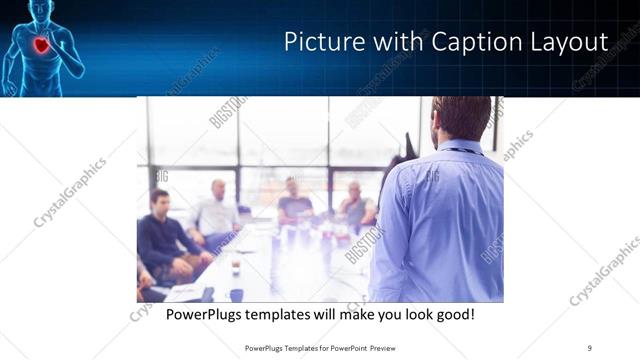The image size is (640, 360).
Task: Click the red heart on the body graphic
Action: pyautogui.click(x=41, y=45)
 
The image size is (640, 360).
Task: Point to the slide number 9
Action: pyautogui.click(x=590, y=347)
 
